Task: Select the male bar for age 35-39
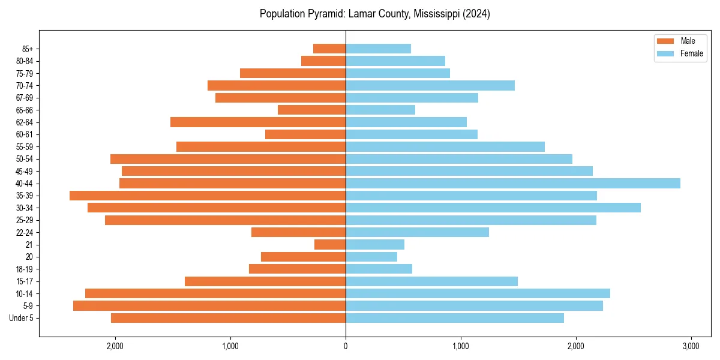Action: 208,196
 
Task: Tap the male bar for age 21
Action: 330,245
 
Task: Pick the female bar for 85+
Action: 378,49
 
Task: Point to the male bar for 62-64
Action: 258,122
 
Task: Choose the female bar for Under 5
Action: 455,318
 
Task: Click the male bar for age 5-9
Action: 209,306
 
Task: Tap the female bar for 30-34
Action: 493,208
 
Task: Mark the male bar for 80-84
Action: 323,61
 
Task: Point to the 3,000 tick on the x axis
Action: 691,346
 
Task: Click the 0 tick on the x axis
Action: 346,346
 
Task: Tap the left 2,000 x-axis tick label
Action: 115,346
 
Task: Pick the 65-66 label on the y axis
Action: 24,110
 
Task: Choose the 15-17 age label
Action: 24,281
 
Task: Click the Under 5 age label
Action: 21,318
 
